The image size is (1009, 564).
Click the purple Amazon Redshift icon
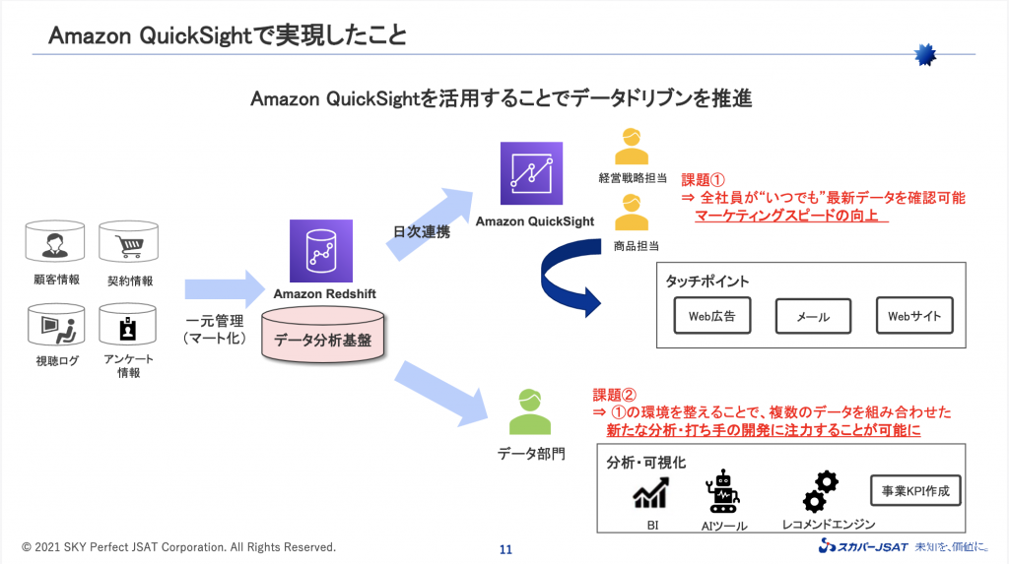click(x=320, y=251)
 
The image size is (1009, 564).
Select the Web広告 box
click(x=711, y=317)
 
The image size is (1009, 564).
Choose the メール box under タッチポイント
click(x=812, y=317)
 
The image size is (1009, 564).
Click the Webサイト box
click(x=914, y=316)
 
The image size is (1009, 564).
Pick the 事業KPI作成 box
click(x=915, y=490)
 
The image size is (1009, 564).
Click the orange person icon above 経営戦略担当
click(x=632, y=147)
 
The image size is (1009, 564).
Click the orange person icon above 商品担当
click(x=632, y=214)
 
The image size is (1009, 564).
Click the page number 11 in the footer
click(x=505, y=549)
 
